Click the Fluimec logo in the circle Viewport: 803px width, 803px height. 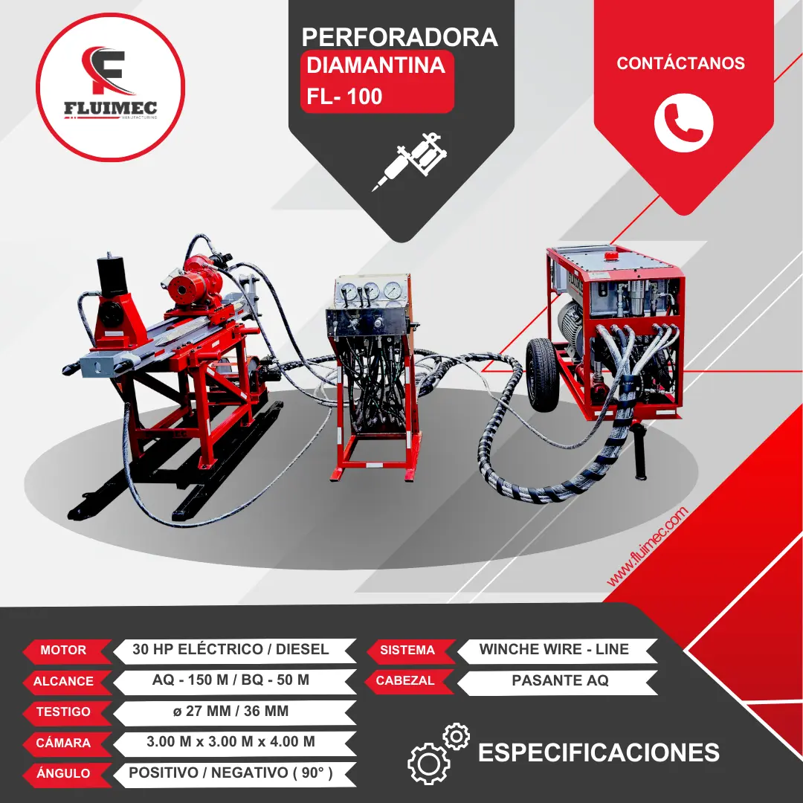[109, 87]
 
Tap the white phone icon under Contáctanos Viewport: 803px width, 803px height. [683, 122]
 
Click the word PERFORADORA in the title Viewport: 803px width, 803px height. [400, 37]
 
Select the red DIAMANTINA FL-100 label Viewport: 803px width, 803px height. [376, 81]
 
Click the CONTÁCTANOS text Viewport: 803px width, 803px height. [680, 63]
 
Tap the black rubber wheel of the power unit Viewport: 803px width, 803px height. [541, 373]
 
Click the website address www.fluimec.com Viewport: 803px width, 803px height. [648, 546]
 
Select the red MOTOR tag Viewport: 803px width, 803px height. [64, 651]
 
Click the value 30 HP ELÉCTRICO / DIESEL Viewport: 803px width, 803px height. [230, 649]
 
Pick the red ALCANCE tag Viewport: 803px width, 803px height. [64, 681]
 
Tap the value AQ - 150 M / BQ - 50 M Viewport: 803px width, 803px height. [230, 680]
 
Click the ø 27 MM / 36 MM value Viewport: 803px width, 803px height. [230, 712]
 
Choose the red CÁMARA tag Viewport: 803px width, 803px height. [64, 743]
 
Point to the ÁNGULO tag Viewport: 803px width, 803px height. [64, 773]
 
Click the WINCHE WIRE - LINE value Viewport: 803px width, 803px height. [554, 649]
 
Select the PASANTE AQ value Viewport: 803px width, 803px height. [560, 680]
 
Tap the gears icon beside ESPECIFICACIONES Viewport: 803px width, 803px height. [439, 752]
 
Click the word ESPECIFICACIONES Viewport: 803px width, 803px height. [599, 752]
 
